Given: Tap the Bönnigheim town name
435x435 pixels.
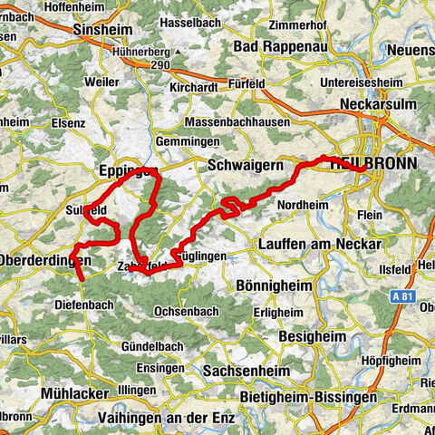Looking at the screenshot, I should click(273, 285).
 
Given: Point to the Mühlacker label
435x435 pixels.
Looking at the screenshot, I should click(75, 392).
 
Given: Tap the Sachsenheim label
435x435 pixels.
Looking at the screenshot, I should click(244, 372).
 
